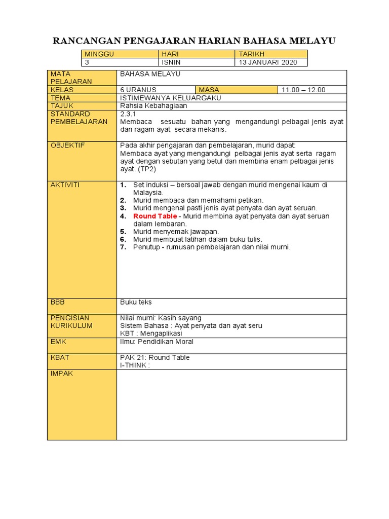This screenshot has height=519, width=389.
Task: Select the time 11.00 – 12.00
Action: click(x=303, y=90)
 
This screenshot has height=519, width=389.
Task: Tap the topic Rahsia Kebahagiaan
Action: click(x=153, y=106)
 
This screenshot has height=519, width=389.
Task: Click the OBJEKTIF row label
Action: click(x=68, y=145)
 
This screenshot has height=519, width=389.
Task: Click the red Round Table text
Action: click(x=155, y=216)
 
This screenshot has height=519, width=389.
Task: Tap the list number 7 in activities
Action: click(x=123, y=247)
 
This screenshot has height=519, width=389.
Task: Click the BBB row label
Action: click(x=58, y=302)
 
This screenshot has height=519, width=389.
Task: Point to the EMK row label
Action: click(x=59, y=342)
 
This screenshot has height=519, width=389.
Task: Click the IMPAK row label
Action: click(x=62, y=374)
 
